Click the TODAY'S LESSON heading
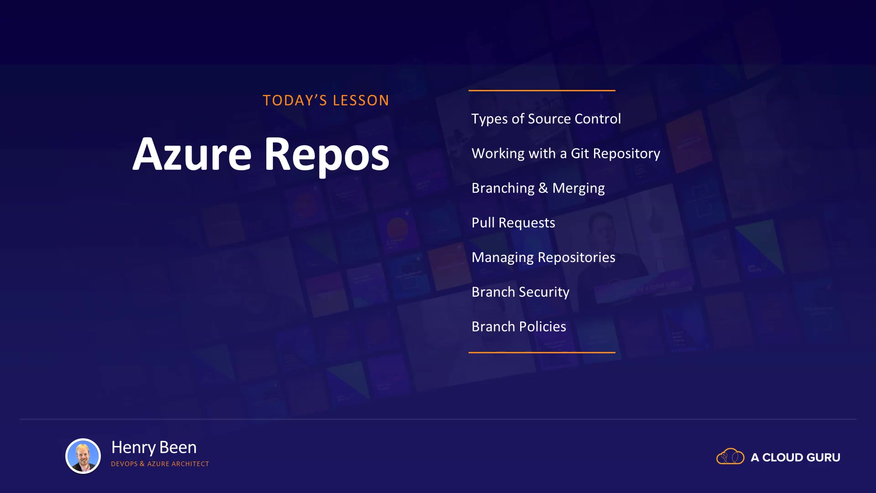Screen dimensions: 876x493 coord(326,100)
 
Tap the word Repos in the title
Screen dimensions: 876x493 coord(327,156)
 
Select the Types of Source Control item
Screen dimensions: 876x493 coord(546,119)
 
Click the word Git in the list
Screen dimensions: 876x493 coord(580,153)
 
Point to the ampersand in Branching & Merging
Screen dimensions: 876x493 coord(543,188)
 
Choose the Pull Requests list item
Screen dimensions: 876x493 coord(513,223)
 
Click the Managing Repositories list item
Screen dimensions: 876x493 coord(543,257)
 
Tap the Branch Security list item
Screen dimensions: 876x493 coord(521,292)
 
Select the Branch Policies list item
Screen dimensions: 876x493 coord(519,327)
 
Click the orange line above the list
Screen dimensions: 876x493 coord(542,90)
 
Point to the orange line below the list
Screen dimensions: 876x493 coord(542,352)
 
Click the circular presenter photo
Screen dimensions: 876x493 coord(83,456)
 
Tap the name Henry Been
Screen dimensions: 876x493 coord(154,447)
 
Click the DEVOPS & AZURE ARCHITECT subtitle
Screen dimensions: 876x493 coord(160,464)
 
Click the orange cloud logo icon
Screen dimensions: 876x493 coord(730,456)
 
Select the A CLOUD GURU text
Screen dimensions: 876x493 coord(795,457)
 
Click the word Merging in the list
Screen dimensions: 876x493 coord(579,188)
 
